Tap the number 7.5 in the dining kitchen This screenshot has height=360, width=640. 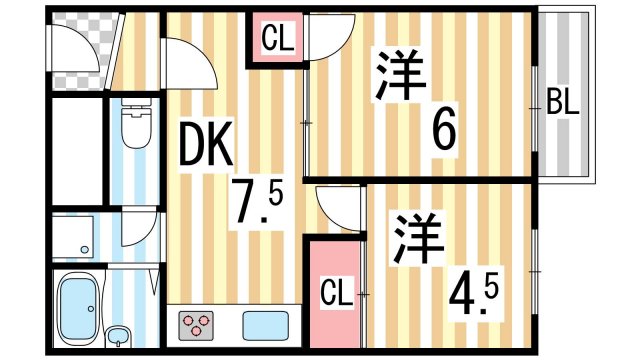pos(257,205)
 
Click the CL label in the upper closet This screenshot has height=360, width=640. pos(276,40)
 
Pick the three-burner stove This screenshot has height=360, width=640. pos(197,324)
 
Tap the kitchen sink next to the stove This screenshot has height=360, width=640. pos(262,326)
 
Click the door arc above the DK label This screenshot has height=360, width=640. pos(190,65)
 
